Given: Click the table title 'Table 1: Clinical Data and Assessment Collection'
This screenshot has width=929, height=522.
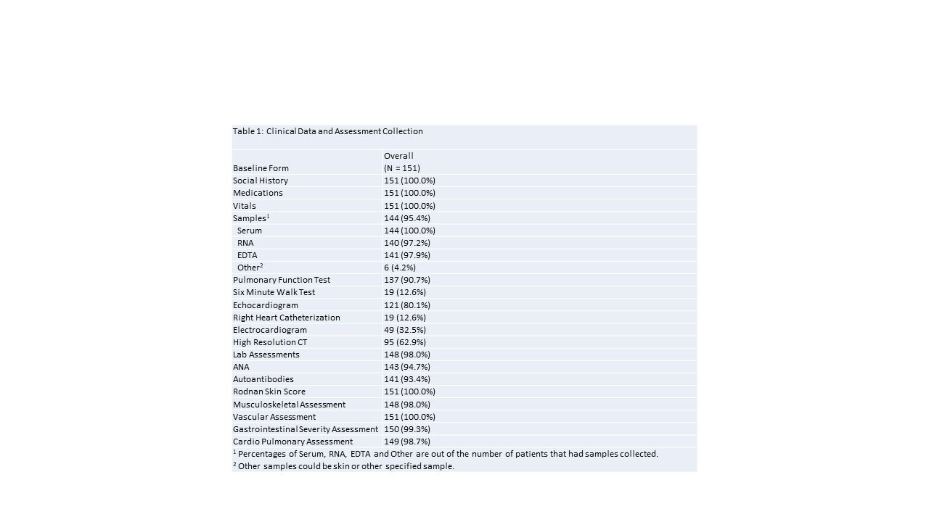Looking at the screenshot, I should pos(327,131).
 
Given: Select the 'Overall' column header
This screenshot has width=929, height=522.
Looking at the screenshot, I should pos(398,156).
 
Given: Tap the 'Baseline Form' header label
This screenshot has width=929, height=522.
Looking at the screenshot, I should pos(261,168).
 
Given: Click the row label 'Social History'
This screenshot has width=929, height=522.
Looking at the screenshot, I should pos(261,181).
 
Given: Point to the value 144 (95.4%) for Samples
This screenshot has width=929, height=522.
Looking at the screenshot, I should pos(409,218).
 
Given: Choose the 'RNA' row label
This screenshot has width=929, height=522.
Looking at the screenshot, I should pos(245,243).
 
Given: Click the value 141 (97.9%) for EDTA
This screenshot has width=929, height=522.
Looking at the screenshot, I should pos(409,255).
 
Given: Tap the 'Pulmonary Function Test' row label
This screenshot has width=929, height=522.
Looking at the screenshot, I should pos(282,280).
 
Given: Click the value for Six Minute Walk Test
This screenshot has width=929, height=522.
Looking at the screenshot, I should pos(405,292).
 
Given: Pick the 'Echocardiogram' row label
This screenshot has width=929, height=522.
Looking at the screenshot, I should pos(266,305).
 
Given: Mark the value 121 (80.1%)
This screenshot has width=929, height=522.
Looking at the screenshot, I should pos(409,305).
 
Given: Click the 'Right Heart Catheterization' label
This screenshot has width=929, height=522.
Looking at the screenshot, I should pos(287,318).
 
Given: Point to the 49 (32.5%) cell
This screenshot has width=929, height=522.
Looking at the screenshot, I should pos(405,330).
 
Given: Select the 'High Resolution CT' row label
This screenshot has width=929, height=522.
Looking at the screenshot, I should pos(270,342).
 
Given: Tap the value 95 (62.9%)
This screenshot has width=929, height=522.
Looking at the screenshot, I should pos(405,342).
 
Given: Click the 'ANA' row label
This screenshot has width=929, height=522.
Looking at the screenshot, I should pos(241,367).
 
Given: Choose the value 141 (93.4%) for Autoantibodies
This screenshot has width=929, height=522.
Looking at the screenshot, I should pos(409,379).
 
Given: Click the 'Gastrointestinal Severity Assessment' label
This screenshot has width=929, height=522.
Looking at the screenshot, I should pos(306,429).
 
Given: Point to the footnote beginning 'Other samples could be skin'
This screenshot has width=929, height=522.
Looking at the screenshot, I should pos(344,466).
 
